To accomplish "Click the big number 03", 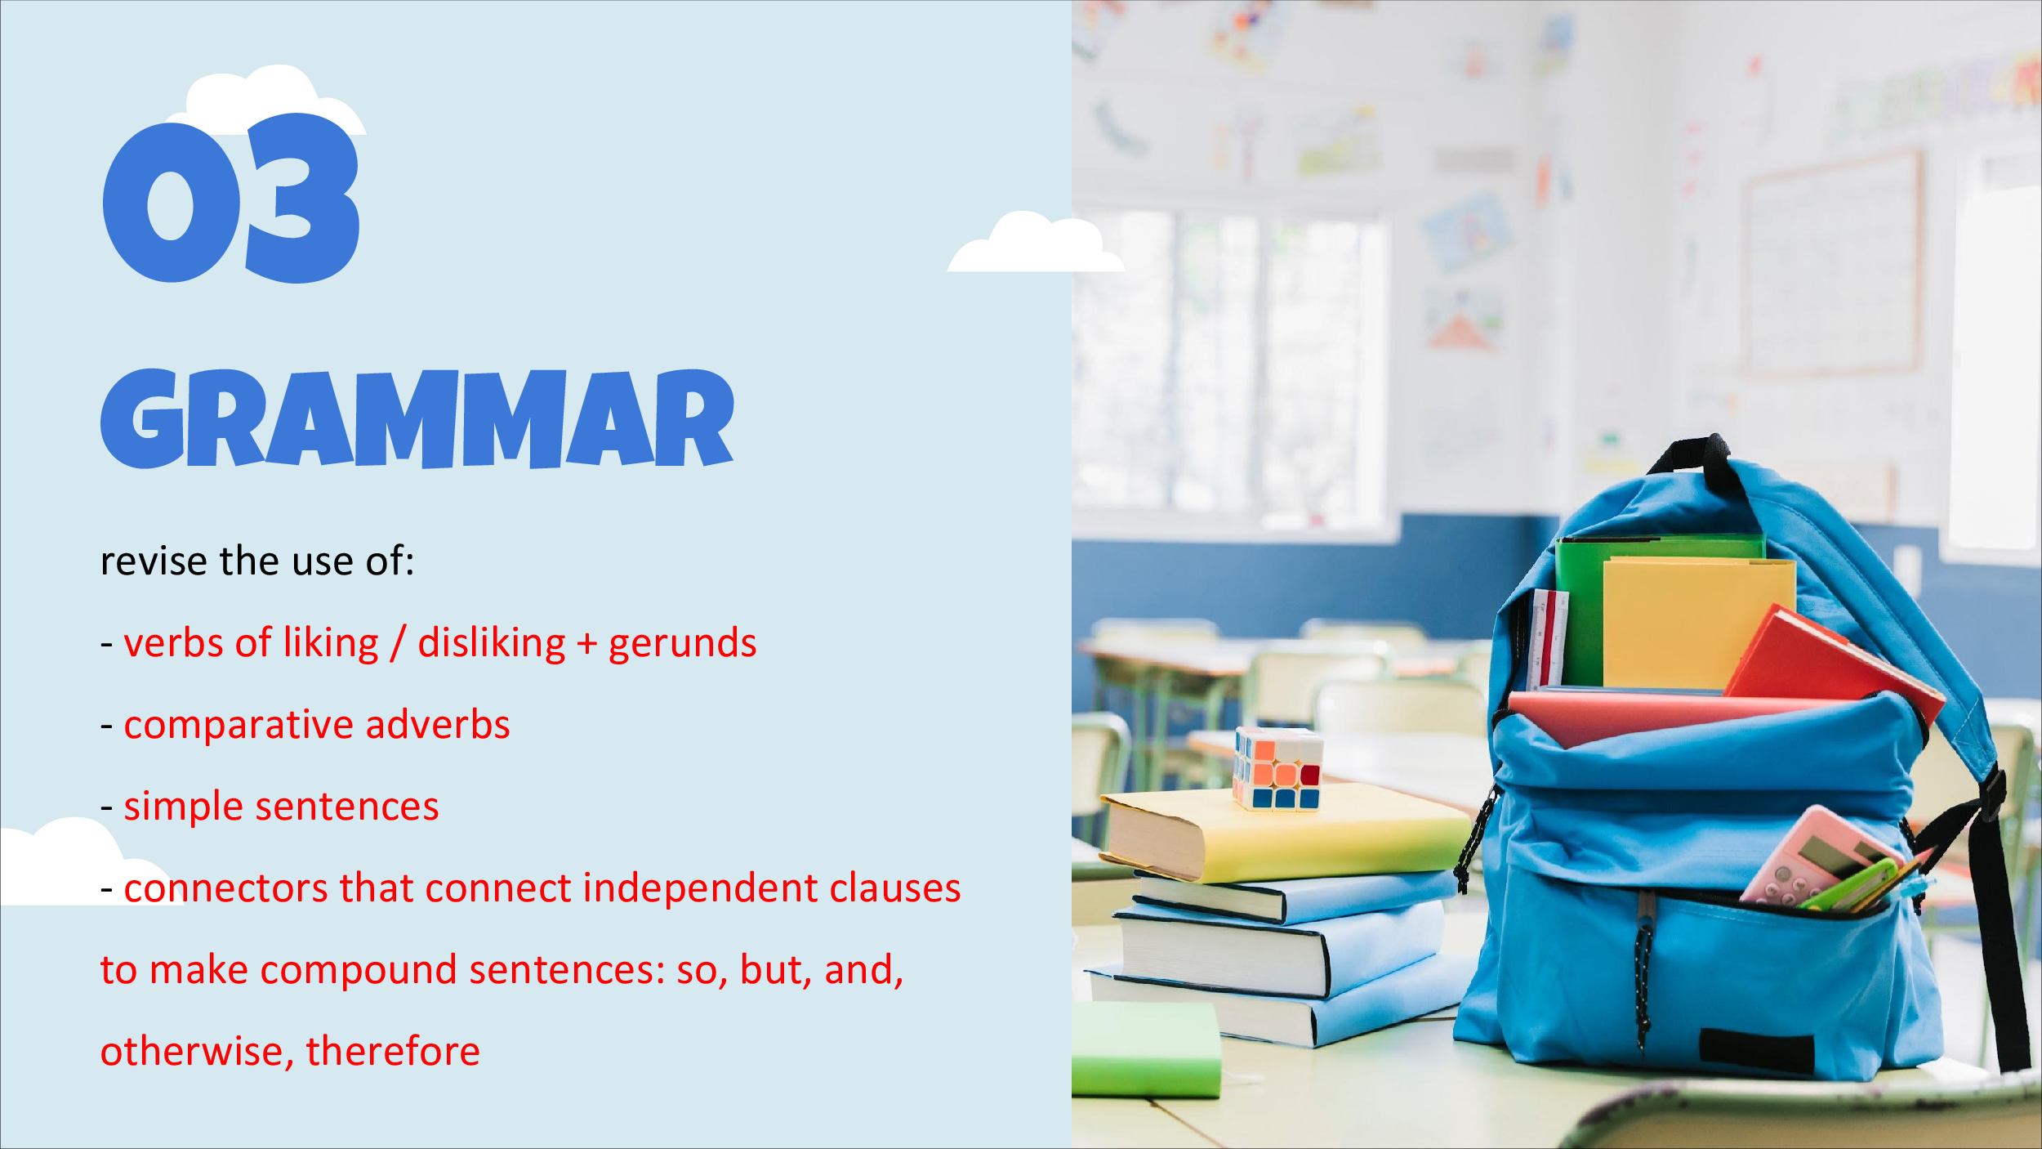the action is click(231, 199).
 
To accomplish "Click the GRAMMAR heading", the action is click(417, 419).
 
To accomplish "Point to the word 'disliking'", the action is click(492, 643).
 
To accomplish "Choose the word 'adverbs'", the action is click(438, 724).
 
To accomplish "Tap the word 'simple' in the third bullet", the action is click(183, 807).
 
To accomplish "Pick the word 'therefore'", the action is click(393, 1051).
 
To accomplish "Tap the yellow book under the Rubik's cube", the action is click(1286, 834).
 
